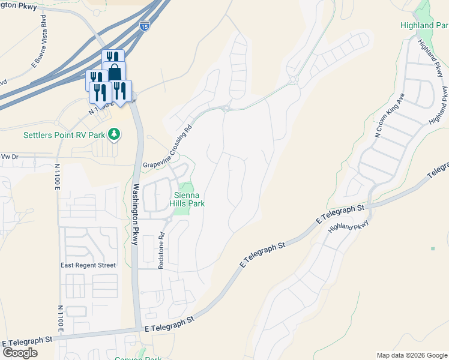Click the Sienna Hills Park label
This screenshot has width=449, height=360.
click(190, 199)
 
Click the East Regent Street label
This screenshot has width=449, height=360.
click(88, 265)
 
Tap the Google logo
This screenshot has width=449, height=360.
click(20, 353)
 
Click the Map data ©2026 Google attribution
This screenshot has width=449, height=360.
click(411, 355)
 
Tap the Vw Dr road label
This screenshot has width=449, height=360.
click(10, 156)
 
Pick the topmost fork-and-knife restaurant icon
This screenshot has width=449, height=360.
click(112, 58)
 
